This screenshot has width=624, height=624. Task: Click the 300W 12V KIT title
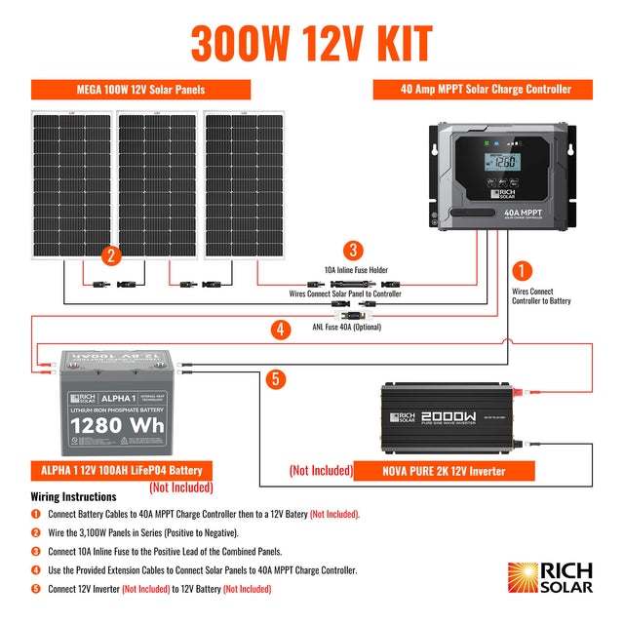[x=312, y=43]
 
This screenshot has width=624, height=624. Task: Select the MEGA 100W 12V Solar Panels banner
[x=140, y=90]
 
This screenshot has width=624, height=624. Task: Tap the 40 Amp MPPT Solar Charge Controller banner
[x=486, y=90]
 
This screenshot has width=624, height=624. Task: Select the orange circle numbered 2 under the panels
[x=112, y=256]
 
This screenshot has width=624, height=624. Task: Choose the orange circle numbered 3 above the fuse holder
[x=354, y=251]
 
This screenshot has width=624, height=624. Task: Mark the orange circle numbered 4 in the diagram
[x=281, y=330]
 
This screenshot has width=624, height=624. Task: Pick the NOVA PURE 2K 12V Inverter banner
[x=445, y=471]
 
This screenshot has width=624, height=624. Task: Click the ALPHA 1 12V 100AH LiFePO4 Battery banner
[x=123, y=470]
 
